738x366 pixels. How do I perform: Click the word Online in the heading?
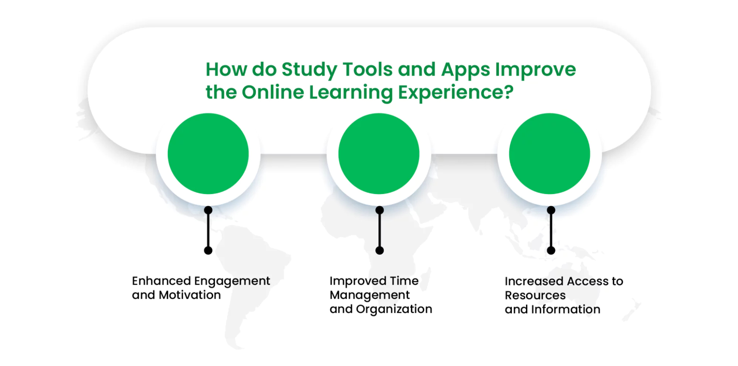coord(273,92)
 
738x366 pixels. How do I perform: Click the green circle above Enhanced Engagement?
coord(208,153)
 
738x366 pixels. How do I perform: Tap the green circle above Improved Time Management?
coord(379,153)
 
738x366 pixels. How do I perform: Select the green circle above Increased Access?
coord(550,153)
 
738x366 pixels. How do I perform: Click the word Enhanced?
coord(161,281)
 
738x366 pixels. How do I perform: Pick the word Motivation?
coord(190,295)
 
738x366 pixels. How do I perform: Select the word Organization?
coord(394,309)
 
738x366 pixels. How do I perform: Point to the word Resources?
coord(535,295)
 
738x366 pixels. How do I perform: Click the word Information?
coord(566,309)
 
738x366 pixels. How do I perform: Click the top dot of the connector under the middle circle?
coord(380,210)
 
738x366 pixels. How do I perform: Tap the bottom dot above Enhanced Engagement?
coord(208,251)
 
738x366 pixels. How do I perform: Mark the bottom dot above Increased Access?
coord(551,251)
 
